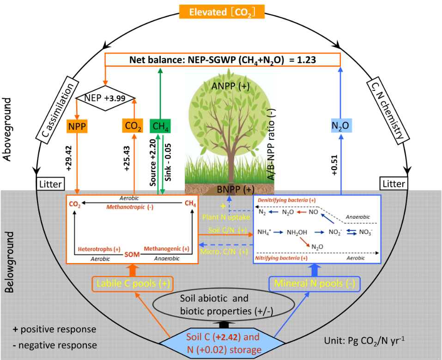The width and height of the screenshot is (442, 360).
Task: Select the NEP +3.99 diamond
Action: tap(106, 97)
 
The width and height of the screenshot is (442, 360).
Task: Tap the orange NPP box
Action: tap(77, 126)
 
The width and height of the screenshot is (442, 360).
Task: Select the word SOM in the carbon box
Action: tap(132, 254)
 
